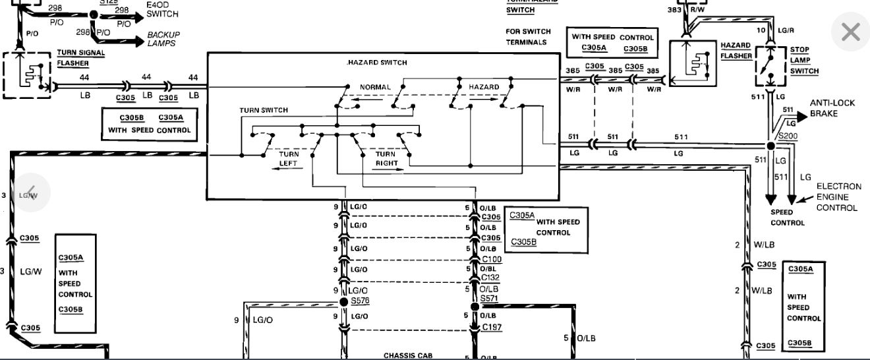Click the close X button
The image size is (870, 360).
[x=850, y=32]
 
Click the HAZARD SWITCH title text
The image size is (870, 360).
[x=378, y=63]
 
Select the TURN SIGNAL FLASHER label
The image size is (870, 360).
[x=81, y=58]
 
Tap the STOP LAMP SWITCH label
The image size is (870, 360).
[x=804, y=61]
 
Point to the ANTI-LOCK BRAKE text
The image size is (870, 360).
[x=832, y=108]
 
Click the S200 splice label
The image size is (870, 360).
[x=788, y=136]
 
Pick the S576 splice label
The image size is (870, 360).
[x=360, y=301]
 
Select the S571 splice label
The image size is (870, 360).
[x=490, y=298]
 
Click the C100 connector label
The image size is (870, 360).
[x=492, y=259]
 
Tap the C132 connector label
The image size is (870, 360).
[x=492, y=278]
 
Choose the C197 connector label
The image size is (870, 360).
[x=492, y=327]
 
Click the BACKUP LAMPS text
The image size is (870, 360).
[x=163, y=38]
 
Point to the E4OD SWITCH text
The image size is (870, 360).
[x=162, y=9]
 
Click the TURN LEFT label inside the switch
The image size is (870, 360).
[x=288, y=159]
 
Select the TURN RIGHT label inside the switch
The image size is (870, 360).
[x=386, y=159]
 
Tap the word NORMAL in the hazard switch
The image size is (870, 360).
[x=375, y=87]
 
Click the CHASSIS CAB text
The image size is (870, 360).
[x=409, y=356]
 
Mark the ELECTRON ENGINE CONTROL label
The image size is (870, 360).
[x=838, y=197]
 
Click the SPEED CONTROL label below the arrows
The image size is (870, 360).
[x=788, y=218]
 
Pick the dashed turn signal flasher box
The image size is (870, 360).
[x=27, y=75]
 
